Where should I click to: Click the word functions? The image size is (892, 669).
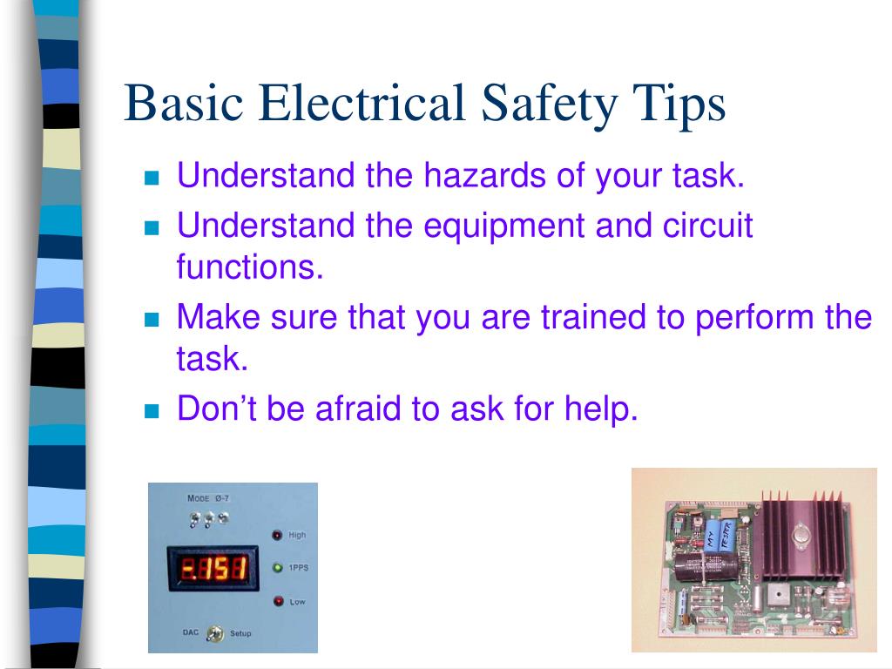249,266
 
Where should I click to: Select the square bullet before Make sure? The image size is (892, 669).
152,320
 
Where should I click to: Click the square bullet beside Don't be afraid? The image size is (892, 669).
152,409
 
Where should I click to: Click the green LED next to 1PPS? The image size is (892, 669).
277,568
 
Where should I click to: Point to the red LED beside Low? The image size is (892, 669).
277,601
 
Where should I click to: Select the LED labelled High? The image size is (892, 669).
277,535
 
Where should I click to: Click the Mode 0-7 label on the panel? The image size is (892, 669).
207,498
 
